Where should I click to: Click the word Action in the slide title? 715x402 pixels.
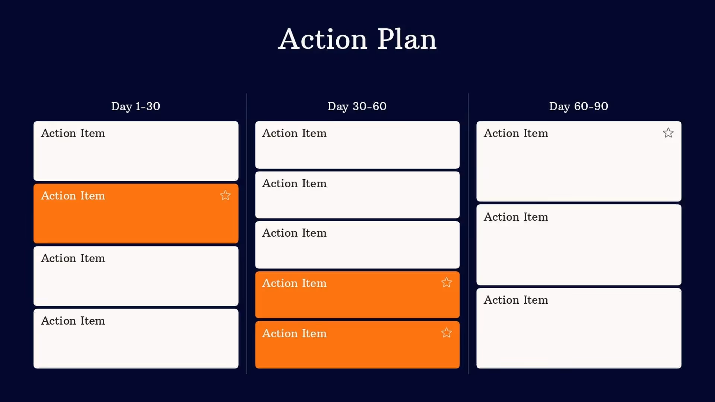pos(322,39)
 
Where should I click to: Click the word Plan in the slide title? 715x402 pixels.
pos(407,39)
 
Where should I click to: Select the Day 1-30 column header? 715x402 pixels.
pos(136,106)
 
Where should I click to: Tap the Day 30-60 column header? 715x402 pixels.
pos(357,106)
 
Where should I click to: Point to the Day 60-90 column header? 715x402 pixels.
pos(578,106)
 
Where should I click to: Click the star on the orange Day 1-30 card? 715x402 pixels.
pos(225,195)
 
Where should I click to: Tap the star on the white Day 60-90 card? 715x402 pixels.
pos(668,133)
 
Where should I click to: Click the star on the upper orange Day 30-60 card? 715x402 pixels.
pos(447,283)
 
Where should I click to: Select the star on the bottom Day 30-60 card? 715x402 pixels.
pos(447,333)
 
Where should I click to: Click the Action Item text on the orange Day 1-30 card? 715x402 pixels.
pos(73,196)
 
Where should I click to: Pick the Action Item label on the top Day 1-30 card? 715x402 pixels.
pos(73,133)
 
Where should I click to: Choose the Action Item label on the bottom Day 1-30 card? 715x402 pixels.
pos(73,321)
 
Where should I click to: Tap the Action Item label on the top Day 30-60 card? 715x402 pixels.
pos(294,133)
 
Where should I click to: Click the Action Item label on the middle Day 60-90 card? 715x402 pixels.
pos(516,217)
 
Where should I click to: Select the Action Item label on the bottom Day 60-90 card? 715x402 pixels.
pos(516,300)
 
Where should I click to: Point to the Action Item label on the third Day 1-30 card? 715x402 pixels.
pos(73,258)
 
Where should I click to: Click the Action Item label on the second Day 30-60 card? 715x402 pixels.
pos(294,184)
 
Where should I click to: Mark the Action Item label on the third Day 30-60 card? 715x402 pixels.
pos(294,233)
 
